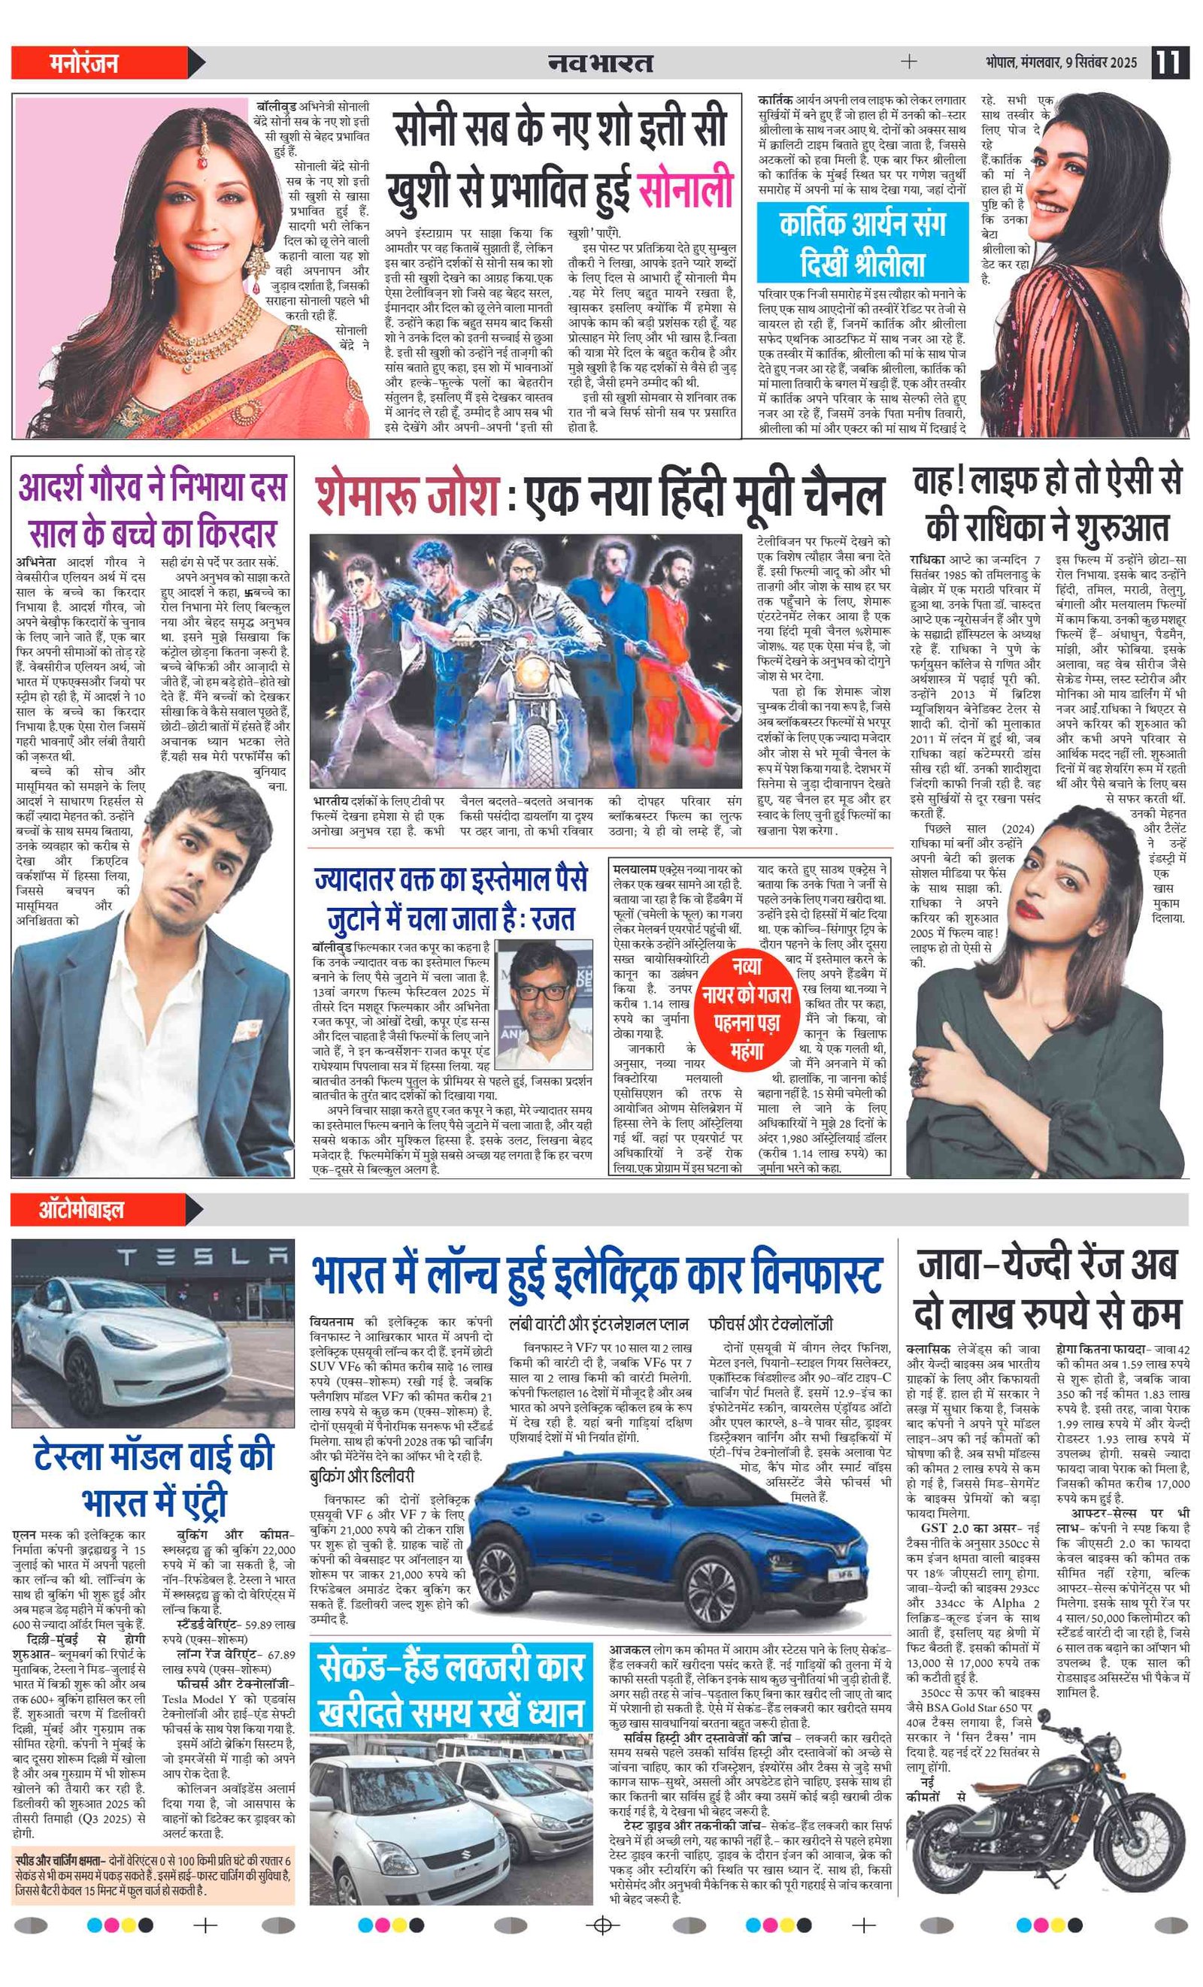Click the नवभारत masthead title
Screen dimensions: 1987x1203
(600, 63)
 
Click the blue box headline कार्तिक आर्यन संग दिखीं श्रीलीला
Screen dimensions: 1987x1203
(862, 242)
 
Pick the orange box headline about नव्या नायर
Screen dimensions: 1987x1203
(746, 1008)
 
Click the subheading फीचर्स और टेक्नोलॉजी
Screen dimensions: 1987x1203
(771, 1323)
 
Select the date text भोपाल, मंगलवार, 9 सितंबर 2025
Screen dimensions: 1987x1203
(1060, 62)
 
